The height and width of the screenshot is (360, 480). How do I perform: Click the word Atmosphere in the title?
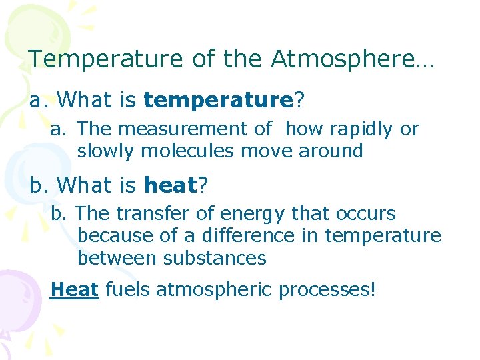(x=352, y=59)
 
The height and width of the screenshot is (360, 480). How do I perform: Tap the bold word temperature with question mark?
(x=218, y=101)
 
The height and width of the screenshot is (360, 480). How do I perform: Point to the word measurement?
(x=186, y=129)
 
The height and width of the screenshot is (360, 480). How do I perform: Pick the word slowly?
(x=107, y=151)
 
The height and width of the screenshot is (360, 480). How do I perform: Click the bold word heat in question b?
(x=170, y=185)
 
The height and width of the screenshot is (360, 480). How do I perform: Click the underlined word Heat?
(x=75, y=290)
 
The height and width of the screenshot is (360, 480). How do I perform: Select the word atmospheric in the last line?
(x=215, y=290)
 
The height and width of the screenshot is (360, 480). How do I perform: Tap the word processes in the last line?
(x=324, y=290)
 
